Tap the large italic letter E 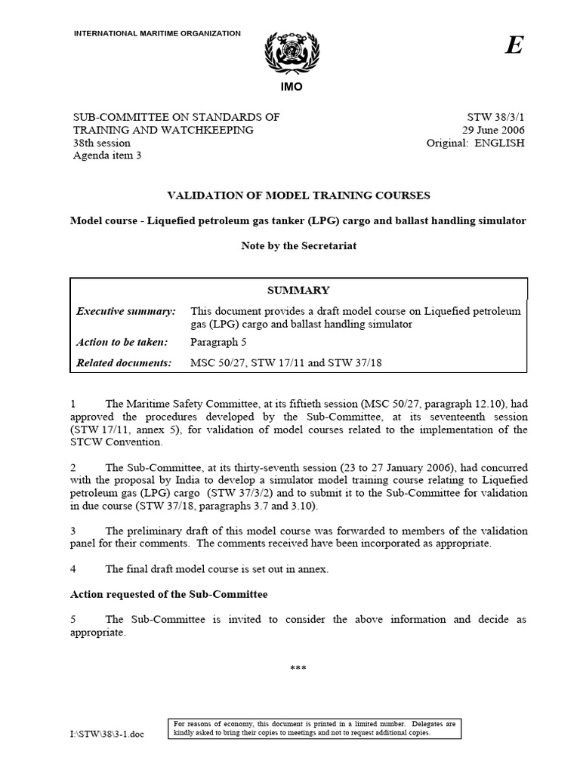coord(514,46)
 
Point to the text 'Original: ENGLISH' coord(475,143)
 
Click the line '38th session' coord(101,143)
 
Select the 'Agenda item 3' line coord(106,156)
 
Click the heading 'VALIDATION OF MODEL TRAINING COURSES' coord(290,195)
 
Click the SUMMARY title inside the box coord(299,290)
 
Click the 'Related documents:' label coord(125,363)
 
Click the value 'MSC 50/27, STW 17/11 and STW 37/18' coord(286,363)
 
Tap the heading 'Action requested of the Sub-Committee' coord(168,595)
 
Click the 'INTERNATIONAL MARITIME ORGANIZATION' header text coord(157,34)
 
